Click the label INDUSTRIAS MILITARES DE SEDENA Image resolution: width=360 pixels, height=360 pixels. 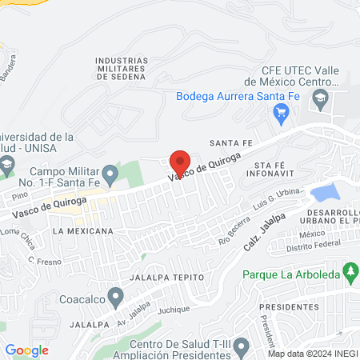tap(120, 70)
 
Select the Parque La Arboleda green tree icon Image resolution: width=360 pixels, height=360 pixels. tap(350, 273)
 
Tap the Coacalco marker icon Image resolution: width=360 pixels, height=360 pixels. tap(117, 298)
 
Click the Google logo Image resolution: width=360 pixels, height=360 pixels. tap(26, 350)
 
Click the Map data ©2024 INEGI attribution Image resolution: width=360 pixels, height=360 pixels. tap(311, 354)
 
